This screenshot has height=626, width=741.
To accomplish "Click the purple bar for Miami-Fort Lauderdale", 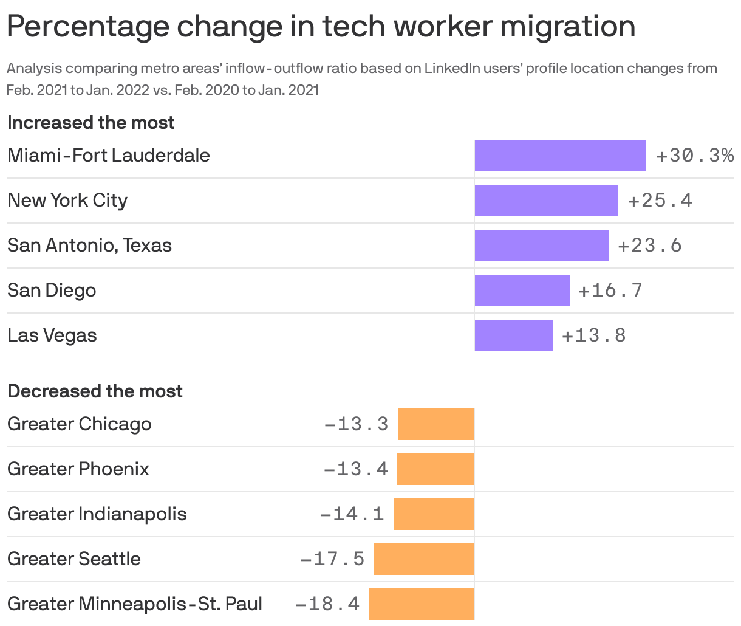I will pos(560,156).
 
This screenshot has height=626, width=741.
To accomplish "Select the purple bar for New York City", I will pos(546,201).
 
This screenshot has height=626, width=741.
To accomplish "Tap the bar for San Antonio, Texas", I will pos(541,246).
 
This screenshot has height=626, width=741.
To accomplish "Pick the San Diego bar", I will pos(522,291).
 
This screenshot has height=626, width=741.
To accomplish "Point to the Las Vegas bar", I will pos(513,335).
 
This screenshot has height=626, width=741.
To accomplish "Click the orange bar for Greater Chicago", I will pos(435,424).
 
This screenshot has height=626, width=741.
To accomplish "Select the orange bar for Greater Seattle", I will pos(423,559).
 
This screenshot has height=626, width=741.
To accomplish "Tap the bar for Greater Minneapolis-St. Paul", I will pos(421,604).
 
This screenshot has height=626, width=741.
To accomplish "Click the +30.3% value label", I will pos(695,156).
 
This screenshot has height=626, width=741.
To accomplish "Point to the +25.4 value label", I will pos(660,201).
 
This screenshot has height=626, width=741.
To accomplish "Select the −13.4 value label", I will pos(356,469).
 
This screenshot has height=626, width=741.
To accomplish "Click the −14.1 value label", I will pos(352,514).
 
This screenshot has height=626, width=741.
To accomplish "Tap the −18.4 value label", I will pos(327,604).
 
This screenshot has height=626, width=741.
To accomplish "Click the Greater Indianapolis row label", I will pos(97,514).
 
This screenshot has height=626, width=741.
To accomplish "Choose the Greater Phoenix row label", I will pos(78,469).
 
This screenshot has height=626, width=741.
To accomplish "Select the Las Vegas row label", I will pos(52,335).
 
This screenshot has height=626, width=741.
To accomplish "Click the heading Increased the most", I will pos(91,123).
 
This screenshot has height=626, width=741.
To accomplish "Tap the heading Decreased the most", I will pos(95,391).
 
